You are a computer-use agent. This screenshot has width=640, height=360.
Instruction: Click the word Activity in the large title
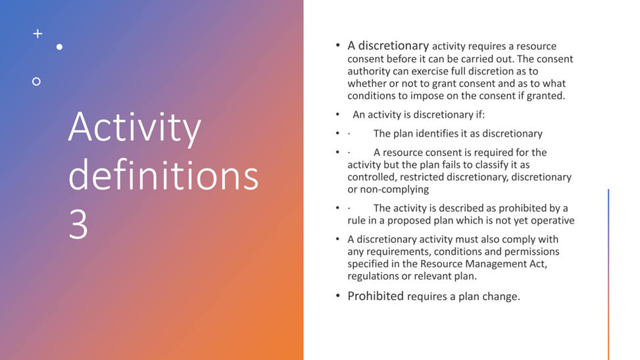(x=135, y=128)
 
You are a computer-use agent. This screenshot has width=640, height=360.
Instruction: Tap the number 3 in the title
(x=78, y=224)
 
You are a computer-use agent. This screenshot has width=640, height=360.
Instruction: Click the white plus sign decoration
(x=37, y=34)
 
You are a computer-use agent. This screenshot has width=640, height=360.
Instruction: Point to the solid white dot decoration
(x=60, y=47)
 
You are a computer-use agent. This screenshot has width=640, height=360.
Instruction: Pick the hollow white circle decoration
(x=36, y=82)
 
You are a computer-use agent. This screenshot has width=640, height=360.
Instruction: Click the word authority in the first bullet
(x=368, y=72)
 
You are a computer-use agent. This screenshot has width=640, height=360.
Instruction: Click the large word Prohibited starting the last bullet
(x=376, y=296)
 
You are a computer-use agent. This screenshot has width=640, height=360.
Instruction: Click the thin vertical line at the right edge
(x=608, y=274)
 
